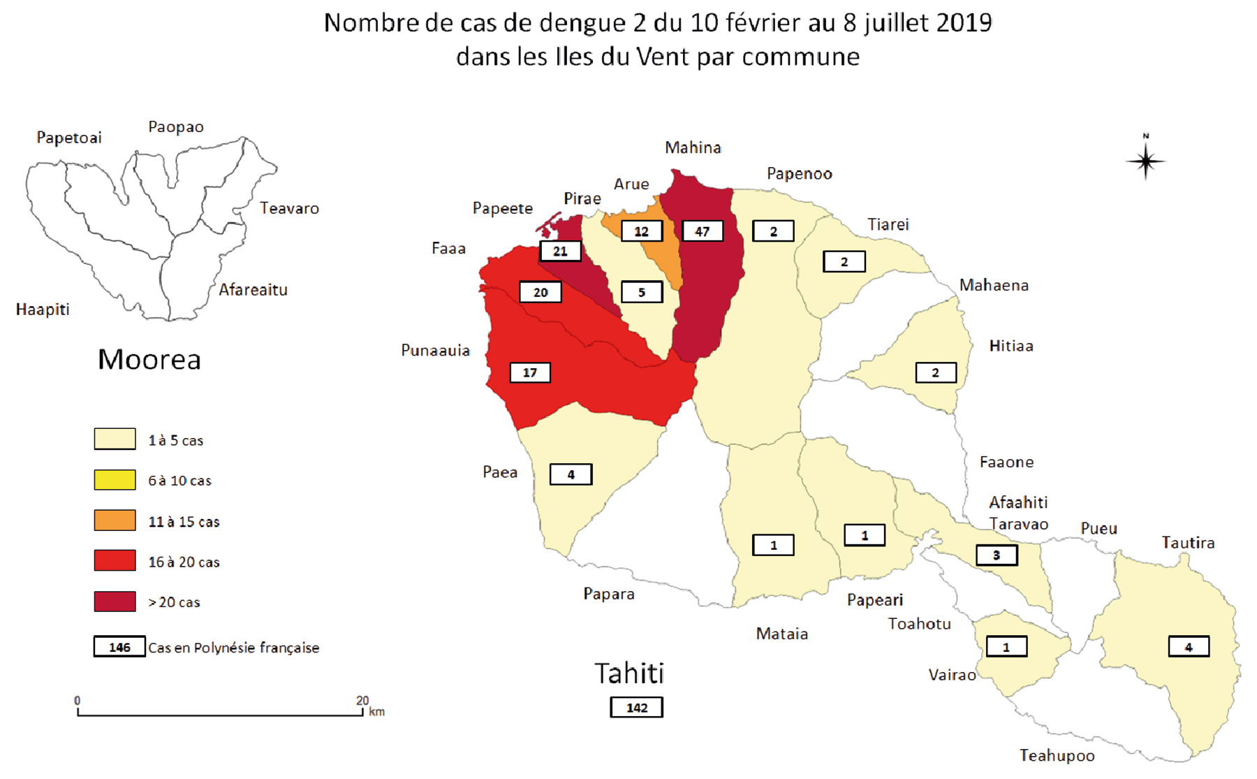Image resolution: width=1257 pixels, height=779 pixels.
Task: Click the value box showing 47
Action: pos(702,231)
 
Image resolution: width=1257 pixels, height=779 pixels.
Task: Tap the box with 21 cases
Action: pos(560,251)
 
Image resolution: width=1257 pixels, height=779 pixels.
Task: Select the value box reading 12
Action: pos(641,231)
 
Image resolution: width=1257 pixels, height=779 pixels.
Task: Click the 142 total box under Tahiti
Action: pos(636,707)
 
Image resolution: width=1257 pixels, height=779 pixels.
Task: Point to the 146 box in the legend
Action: pos(119,647)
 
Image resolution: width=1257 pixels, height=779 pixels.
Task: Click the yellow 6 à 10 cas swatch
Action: pos(115,480)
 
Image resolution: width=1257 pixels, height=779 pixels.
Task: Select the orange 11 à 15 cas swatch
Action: pos(115,520)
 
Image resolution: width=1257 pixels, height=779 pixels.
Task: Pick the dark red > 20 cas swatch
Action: pos(115,602)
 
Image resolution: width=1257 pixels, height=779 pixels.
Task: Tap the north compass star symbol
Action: pos(1145,161)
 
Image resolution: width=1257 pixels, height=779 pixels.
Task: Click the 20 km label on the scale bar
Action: pos(362,700)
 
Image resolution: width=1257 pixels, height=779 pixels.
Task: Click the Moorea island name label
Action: pos(149,360)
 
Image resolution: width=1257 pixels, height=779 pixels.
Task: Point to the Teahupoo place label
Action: pos(1057,755)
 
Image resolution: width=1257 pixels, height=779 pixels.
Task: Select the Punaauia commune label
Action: pos(435,351)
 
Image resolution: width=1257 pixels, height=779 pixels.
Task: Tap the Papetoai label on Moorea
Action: pos(68,138)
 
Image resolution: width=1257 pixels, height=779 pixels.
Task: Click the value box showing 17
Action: pos(530,372)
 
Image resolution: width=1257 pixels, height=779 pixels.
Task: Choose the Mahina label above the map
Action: pos(693,147)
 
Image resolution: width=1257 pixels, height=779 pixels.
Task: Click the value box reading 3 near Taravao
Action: pos(996,555)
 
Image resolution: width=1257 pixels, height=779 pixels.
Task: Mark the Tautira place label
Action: pos(1188,543)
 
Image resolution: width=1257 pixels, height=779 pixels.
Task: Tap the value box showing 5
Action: pos(641,292)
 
